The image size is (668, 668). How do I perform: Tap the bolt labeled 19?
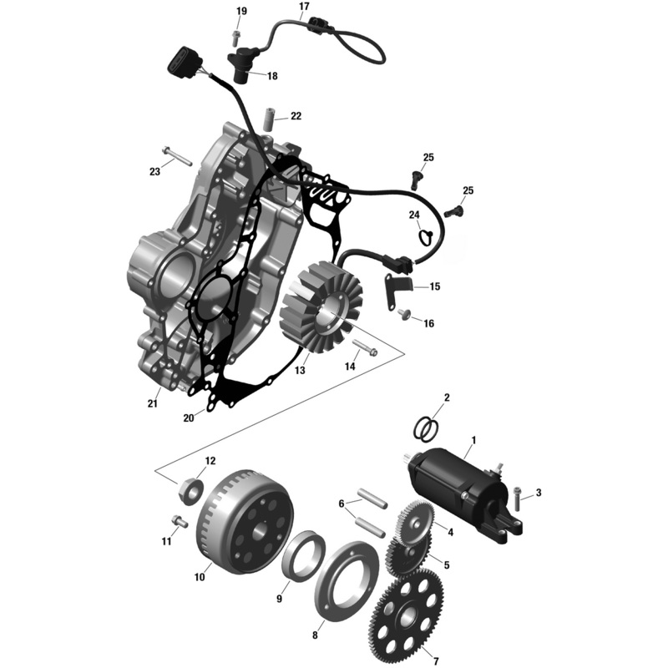pyautogui.click(x=237, y=36)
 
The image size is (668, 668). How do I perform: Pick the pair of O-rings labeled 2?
pyautogui.click(x=427, y=428)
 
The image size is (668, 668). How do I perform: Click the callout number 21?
pyautogui.click(x=152, y=403)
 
